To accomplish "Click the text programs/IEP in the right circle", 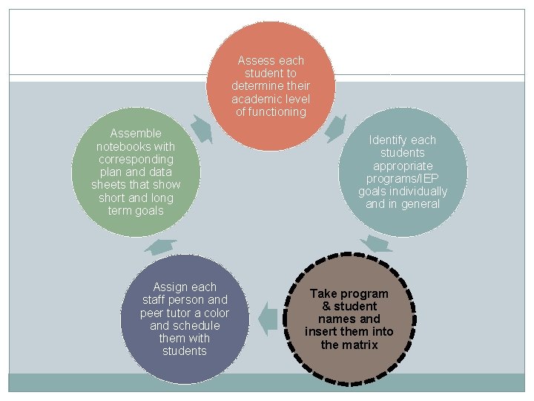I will click(x=403, y=179).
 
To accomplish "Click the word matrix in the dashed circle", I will click(x=360, y=345).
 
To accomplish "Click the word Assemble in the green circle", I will click(x=135, y=134).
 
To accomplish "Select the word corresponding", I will click(x=136, y=160).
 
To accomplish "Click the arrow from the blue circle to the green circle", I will click(x=160, y=247).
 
